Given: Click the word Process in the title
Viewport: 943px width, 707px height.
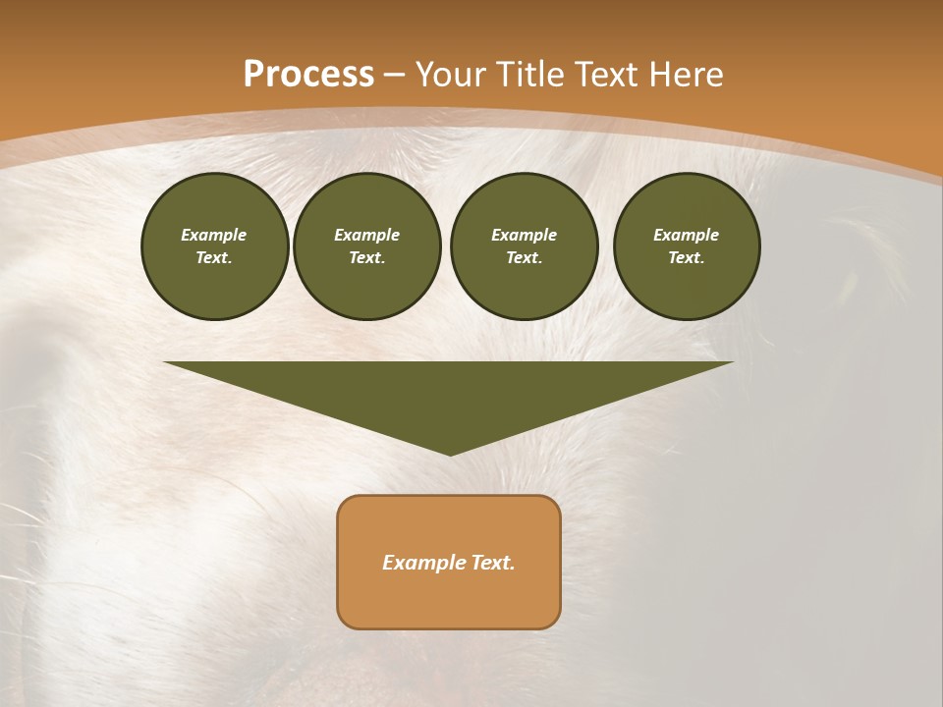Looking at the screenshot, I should tap(308, 75).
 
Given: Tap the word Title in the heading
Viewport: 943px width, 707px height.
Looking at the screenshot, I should tap(534, 75).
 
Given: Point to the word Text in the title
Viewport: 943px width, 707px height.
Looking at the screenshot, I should tap(608, 75).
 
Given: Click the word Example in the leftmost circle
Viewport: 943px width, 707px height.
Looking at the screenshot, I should tap(214, 235).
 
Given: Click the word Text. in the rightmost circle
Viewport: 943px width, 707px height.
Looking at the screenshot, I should tap(686, 257).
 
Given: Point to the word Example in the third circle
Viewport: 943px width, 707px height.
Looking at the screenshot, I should tap(524, 235).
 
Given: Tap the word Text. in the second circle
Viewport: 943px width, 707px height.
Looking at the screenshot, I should tap(366, 257).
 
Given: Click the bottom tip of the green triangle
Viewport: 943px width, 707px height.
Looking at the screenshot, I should tap(450, 453).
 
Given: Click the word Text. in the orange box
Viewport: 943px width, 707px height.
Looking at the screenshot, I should tap(494, 563).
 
